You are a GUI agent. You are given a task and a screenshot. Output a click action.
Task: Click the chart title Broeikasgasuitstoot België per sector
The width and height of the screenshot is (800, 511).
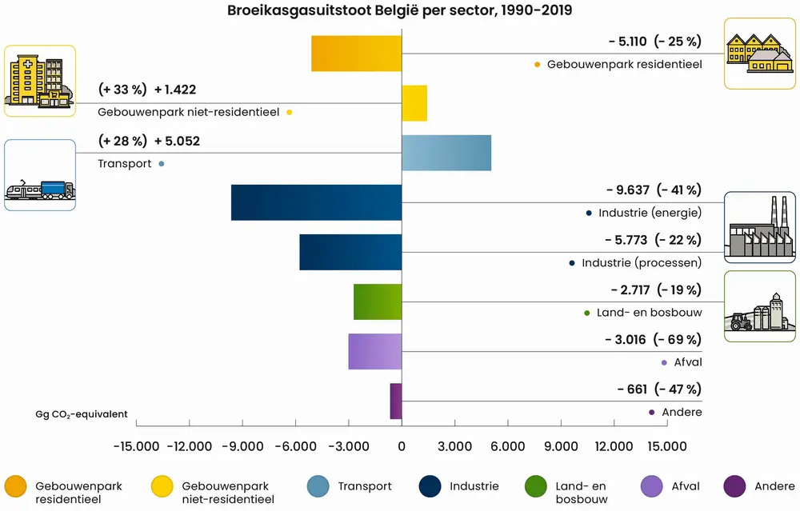tap(399, 11)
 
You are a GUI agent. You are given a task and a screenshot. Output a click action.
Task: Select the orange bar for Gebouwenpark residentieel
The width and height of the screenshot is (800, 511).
tap(356, 54)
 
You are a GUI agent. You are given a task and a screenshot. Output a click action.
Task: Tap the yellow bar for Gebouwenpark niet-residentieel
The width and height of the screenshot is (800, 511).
tap(414, 103)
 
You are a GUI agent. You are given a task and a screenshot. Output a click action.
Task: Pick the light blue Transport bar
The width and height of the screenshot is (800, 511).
tap(446, 153)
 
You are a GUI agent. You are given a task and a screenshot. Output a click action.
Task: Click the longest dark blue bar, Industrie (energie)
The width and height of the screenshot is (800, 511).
tap(316, 202)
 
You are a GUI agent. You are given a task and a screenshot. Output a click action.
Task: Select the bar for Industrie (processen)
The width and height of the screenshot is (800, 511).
tap(350, 252)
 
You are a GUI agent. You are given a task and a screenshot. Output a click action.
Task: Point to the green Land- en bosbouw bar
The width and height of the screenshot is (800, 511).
tap(378, 301)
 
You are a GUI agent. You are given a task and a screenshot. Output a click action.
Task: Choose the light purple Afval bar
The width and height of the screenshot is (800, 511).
tap(374, 351)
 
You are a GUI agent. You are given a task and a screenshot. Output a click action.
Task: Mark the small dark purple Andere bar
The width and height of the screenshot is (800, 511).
tap(396, 401)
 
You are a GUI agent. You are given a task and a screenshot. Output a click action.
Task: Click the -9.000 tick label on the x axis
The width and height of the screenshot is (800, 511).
tap(242, 445)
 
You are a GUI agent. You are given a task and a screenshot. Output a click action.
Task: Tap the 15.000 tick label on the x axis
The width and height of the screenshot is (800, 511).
tap(666, 445)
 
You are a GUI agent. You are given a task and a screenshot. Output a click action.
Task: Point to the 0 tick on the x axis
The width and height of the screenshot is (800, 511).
tap(402, 445)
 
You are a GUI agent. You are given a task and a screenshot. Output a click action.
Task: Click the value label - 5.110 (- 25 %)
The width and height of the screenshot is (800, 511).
tap(654, 42)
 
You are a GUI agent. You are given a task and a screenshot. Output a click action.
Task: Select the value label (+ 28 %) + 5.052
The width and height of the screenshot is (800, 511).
tap(149, 141)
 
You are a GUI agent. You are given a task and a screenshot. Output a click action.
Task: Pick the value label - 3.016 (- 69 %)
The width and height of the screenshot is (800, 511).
tap(653, 340)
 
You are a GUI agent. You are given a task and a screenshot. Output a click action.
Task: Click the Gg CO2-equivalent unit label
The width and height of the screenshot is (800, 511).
tap(82, 414)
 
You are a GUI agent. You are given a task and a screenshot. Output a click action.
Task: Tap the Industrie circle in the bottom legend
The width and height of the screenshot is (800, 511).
tap(430, 486)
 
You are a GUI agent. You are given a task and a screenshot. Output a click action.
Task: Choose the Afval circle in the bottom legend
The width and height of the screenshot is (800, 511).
tap(654, 486)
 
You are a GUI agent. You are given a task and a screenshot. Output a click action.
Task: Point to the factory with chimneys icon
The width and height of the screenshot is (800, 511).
tap(760, 228)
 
